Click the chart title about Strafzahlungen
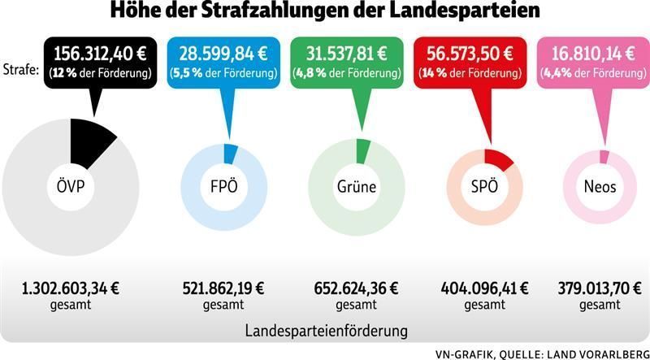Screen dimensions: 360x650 (x=325, y=14)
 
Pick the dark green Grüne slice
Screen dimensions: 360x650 (x=362, y=150)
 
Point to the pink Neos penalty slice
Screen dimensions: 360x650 (x=603, y=156)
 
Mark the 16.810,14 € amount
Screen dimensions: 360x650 (x=593, y=54)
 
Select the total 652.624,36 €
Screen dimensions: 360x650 (x=357, y=288)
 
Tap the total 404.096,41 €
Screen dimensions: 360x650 (x=485, y=288)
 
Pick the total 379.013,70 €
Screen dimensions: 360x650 (x=602, y=288)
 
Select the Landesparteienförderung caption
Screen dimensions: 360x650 (x=326, y=332)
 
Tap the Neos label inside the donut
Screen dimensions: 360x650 (x=600, y=187)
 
